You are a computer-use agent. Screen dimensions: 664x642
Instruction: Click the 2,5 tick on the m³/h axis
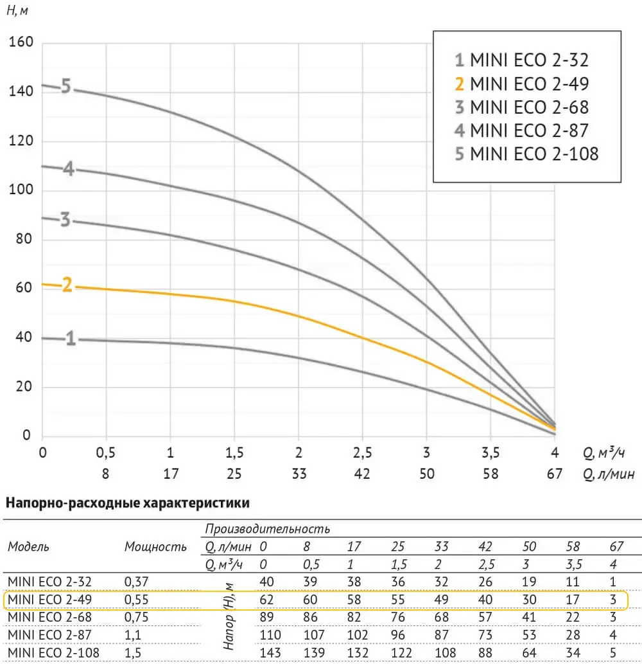[362, 453]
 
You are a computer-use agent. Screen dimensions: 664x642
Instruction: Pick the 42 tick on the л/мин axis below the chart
[362, 474]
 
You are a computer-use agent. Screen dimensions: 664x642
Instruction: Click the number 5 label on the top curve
[66, 85]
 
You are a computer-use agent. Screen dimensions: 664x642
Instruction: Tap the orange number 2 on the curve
[67, 285]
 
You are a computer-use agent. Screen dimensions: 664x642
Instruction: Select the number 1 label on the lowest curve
[71, 339]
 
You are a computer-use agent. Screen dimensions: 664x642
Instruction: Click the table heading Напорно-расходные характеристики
[126, 503]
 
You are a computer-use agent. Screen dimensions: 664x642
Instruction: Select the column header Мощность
[156, 547]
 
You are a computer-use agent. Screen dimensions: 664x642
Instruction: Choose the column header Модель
[28, 547]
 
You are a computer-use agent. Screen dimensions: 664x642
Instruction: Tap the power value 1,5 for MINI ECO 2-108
[132, 652]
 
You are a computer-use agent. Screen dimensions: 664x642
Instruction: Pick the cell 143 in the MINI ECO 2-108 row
[267, 652]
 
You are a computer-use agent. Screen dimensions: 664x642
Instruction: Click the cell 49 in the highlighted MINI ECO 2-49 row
[442, 600]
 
